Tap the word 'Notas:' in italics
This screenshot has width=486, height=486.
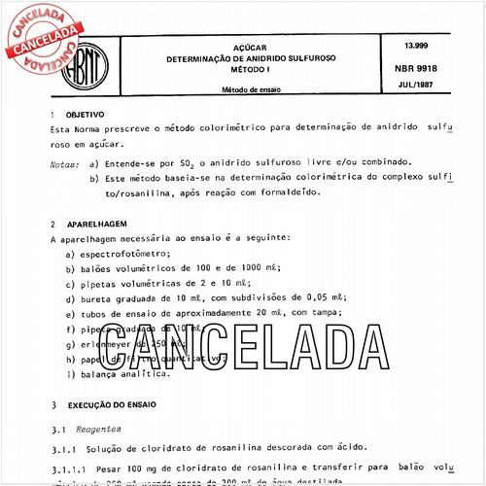click(x=64, y=162)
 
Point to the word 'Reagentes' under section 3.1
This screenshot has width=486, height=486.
click(x=100, y=427)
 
